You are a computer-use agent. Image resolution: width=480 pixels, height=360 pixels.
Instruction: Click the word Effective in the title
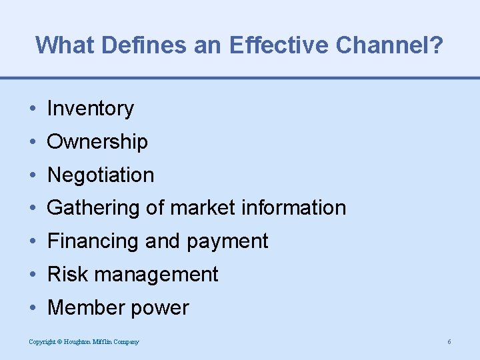point(279,45)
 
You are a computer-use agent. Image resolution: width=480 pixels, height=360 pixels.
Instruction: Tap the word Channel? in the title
point(390,45)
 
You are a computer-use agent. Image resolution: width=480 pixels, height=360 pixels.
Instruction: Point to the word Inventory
point(91,109)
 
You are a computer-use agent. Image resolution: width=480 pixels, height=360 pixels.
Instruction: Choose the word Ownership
point(97,142)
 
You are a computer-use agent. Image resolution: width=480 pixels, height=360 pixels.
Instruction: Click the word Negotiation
point(101,175)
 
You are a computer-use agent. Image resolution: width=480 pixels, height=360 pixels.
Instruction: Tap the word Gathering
point(94,208)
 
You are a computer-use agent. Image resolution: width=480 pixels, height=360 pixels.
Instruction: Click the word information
point(293,208)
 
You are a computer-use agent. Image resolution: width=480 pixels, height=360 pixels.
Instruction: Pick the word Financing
point(93,241)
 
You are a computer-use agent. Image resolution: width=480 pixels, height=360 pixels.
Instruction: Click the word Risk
point(65,275)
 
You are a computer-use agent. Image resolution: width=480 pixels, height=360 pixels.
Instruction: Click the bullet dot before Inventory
point(33,109)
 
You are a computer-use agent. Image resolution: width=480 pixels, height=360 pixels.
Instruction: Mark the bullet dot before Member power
point(33,308)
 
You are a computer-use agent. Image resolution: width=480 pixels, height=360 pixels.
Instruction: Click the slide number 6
point(449,342)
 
